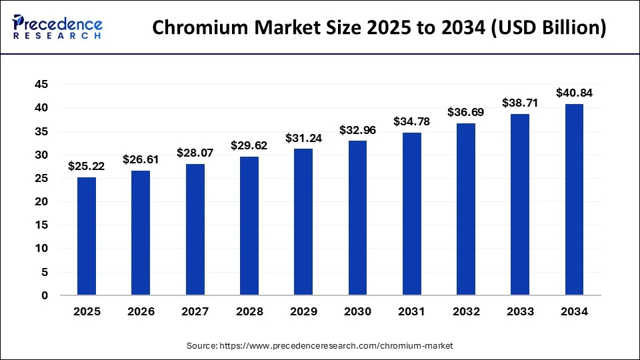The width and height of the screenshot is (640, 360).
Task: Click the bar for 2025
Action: tap(86, 236)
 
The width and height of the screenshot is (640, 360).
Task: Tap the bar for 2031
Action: tap(411, 213)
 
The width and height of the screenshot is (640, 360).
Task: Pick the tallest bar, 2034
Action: tap(574, 199)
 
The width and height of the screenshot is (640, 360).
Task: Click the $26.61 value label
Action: tap(141, 159)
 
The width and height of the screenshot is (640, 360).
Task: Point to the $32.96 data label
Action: tap(357, 130)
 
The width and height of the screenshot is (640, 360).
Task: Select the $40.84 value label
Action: tap(574, 93)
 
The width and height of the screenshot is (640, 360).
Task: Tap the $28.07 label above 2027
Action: tap(195, 153)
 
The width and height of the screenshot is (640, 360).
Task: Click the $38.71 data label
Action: tap(520, 103)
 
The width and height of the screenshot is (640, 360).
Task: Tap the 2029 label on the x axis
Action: tap(303, 311)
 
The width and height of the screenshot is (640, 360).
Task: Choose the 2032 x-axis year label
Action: tap(466, 311)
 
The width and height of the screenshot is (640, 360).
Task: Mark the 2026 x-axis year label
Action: tap(141, 311)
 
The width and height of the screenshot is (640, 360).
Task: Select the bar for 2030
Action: tap(357, 218)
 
